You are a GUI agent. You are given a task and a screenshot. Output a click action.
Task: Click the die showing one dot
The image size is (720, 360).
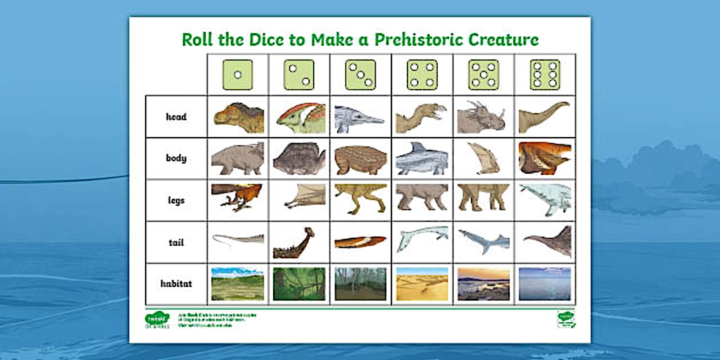[x=238, y=75]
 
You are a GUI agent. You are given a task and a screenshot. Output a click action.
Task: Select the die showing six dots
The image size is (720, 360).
[x=545, y=75]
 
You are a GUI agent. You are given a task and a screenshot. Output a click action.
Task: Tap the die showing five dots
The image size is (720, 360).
[x=483, y=75]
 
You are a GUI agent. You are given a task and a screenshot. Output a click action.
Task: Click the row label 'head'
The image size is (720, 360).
[x=176, y=117]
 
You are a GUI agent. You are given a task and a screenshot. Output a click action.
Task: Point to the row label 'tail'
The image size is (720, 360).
[x=176, y=242]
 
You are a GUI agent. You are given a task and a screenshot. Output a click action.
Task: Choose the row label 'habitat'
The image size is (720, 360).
[x=176, y=284]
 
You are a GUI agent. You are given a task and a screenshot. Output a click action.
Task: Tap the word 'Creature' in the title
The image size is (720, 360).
[x=503, y=40]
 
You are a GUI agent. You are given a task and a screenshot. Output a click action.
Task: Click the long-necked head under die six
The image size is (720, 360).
[x=544, y=117]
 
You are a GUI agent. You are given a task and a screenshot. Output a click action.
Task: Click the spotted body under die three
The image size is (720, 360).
[x=360, y=159]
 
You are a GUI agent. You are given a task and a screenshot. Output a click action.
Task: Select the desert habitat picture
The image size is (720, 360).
[x=422, y=284]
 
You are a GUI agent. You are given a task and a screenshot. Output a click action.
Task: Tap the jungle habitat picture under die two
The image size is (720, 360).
[x=299, y=284]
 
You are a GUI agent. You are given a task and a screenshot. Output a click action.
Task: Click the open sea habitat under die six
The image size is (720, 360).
[x=545, y=284]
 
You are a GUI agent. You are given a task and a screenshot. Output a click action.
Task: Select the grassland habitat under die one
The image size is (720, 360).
[x=238, y=284]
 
